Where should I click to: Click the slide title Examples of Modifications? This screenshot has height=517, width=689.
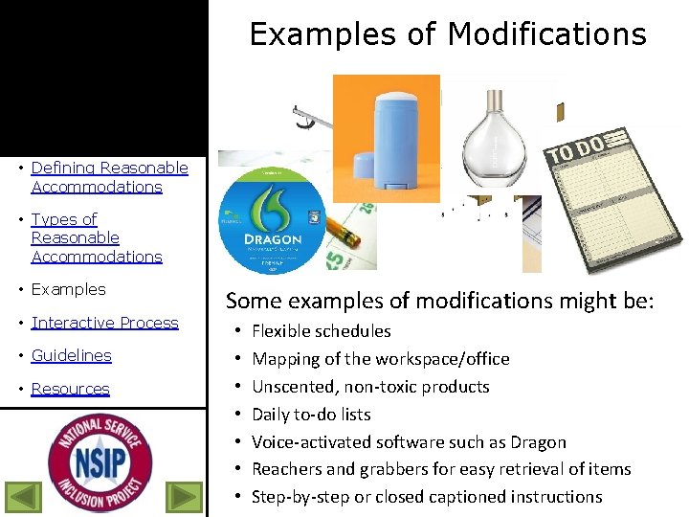point(448,34)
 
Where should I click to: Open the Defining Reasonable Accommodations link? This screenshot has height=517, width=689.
point(109,177)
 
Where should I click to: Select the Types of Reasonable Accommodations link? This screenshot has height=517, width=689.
point(96,237)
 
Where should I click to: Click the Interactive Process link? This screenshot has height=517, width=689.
point(104,323)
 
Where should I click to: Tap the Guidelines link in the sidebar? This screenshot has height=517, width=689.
point(71,355)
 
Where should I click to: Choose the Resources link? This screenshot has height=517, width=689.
point(70,389)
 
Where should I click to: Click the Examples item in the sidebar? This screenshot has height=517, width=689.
point(68,289)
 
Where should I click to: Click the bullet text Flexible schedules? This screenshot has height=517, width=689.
point(321,331)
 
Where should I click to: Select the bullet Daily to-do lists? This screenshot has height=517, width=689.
point(311,415)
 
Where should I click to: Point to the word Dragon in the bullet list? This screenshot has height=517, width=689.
point(539,442)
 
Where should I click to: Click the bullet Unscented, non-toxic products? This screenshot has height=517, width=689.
point(370,387)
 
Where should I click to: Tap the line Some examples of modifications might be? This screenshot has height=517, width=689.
point(439,301)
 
